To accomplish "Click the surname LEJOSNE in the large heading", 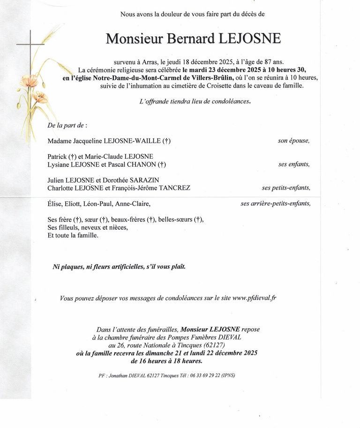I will pyautogui.click(x=250, y=38).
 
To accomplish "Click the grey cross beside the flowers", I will pyautogui.click(x=31, y=45).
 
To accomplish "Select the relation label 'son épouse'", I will pyautogui.click(x=293, y=140).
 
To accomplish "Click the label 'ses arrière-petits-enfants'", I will pyautogui.click(x=275, y=203).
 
